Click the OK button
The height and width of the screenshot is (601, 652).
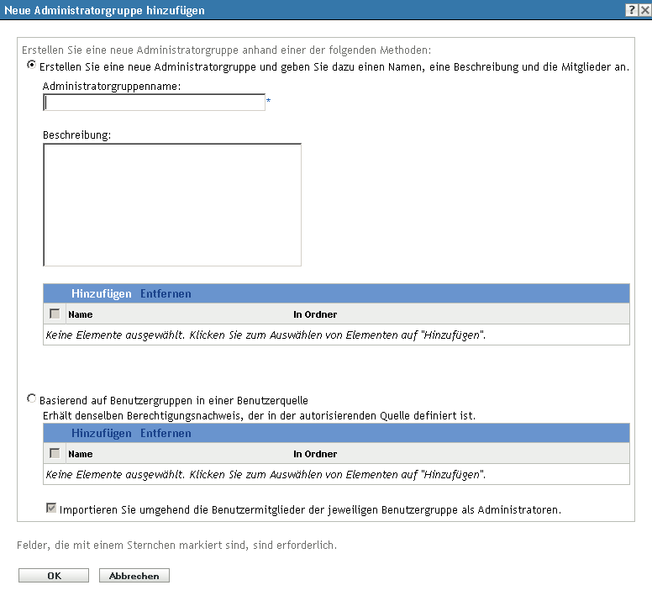click(54, 576)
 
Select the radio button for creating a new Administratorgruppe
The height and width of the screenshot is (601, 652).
click(32, 65)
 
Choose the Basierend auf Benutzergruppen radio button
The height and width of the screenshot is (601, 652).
click(32, 400)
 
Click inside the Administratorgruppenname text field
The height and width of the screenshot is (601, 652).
click(155, 103)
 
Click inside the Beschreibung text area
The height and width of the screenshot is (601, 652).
click(171, 204)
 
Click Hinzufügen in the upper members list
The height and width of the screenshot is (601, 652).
click(102, 293)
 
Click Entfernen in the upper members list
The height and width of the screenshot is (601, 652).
click(166, 293)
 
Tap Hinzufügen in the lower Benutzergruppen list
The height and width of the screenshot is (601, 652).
click(102, 434)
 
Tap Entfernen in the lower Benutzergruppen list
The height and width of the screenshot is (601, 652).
click(166, 434)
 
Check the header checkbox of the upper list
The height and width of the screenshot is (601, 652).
click(55, 314)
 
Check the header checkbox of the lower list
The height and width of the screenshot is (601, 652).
click(55, 454)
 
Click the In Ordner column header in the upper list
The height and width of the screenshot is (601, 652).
click(315, 314)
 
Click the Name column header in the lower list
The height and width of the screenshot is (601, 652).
click(81, 454)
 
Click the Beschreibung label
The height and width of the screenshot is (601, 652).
click(77, 134)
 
